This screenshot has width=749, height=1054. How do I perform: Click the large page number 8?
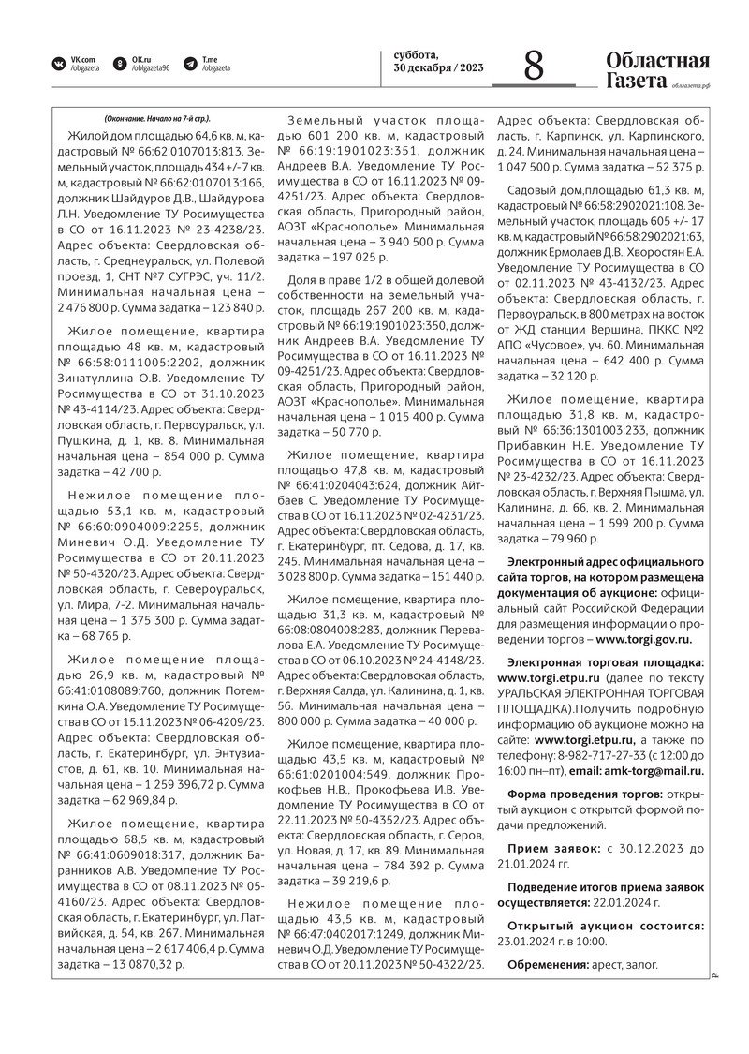click(534, 68)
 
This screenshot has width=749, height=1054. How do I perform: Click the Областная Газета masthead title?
click(657, 70)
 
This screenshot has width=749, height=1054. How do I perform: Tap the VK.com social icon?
click(59, 64)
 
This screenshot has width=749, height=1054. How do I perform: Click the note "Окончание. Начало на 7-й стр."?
click(158, 119)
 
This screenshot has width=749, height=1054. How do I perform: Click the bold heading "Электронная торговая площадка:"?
click(600, 662)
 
